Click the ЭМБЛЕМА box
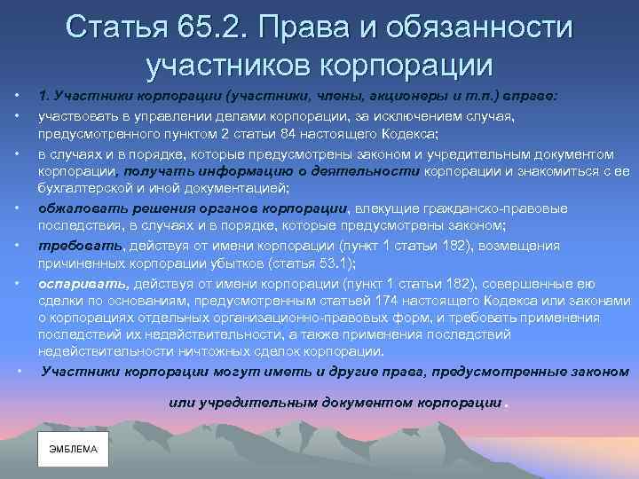pyautogui.click(x=73, y=449)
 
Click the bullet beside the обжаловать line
pyautogui.click(x=19, y=208)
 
